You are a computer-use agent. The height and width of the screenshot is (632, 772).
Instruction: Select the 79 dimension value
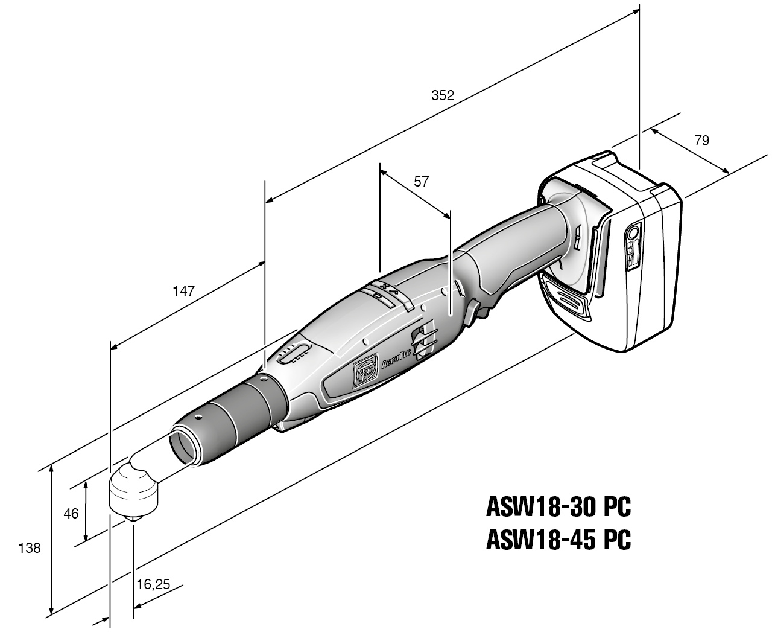[x=701, y=141]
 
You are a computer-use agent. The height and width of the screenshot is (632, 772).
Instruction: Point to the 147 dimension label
[x=183, y=291]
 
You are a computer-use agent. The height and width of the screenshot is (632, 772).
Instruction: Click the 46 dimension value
[x=71, y=514]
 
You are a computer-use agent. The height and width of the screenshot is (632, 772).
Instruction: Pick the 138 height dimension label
[x=30, y=549]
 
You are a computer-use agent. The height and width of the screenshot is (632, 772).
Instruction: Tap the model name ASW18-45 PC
[x=558, y=540]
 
